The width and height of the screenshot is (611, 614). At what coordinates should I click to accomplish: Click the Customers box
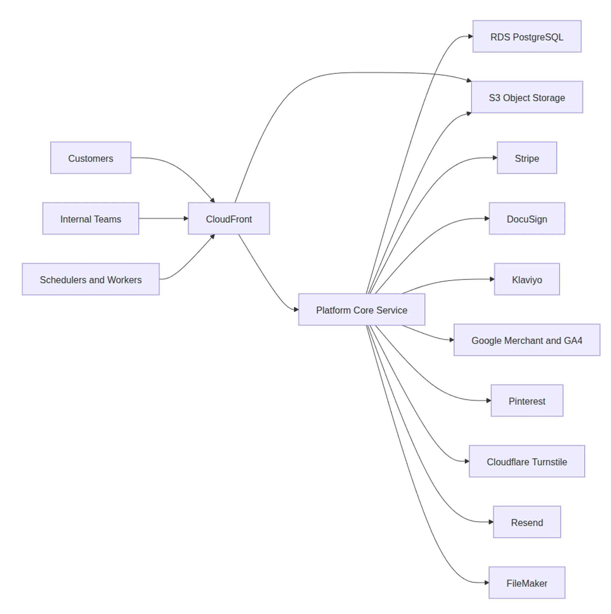[90, 158]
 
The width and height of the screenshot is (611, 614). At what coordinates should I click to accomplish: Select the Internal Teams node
[90, 218]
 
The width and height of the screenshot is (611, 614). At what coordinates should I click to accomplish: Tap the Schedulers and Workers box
[90, 279]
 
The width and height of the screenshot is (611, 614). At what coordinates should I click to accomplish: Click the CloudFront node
[229, 218]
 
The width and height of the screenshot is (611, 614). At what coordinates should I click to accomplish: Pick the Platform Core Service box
[361, 310]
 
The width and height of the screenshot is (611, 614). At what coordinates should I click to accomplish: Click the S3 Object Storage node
[527, 97]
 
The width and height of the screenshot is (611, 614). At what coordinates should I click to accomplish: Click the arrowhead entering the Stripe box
[495, 158]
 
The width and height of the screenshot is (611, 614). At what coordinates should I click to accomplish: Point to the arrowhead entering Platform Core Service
[296, 310]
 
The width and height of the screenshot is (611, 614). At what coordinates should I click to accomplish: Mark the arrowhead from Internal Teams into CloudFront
[186, 218]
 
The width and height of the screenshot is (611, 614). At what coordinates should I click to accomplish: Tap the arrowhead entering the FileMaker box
[487, 583]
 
